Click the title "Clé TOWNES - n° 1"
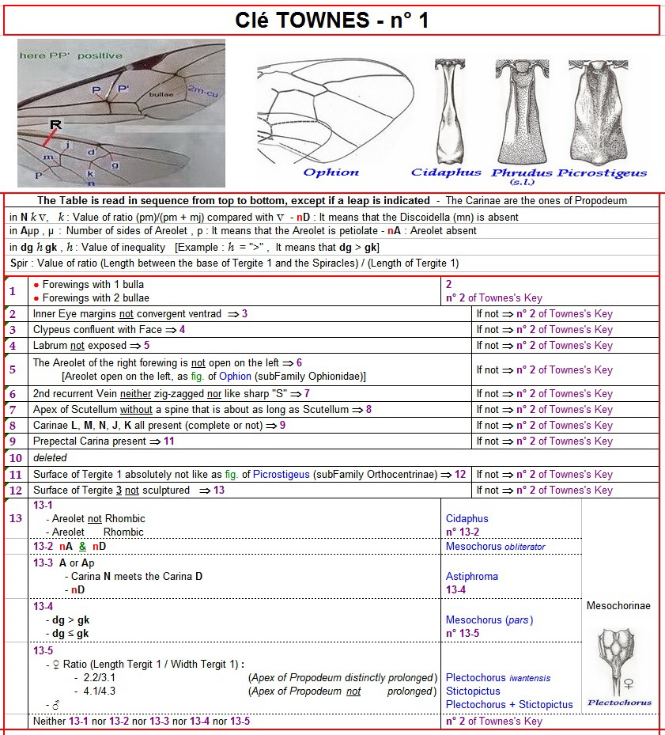click(x=332, y=21)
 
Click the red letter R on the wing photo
click(x=55, y=124)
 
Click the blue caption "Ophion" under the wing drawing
click(x=331, y=172)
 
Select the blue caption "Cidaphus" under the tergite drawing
click(x=446, y=172)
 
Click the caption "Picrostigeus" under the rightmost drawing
click(x=603, y=172)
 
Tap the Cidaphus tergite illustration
click(x=448, y=111)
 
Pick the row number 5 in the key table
click(x=12, y=369)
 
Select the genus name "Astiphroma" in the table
click(x=472, y=577)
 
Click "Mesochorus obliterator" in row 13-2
click(x=495, y=547)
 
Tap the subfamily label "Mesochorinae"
click(x=618, y=606)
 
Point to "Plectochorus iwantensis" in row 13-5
click(x=498, y=678)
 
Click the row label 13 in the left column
click(x=15, y=519)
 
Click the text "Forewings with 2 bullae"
click(x=93, y=298)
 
